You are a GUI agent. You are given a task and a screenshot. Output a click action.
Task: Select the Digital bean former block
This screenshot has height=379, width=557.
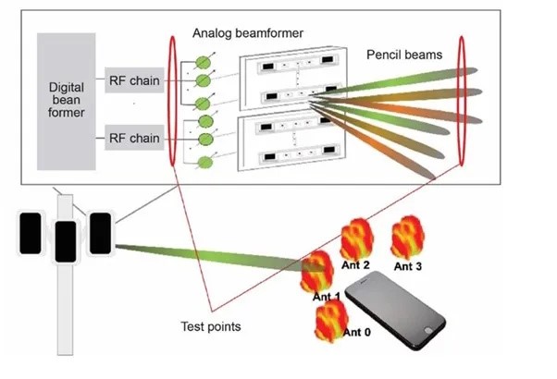[67, 102]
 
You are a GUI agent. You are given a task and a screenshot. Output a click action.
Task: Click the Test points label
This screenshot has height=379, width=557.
[212, 325]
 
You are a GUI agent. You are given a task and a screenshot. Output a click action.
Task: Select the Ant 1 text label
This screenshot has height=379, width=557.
[327, 297]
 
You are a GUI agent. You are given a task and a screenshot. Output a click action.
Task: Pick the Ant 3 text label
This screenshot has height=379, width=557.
[408, 266]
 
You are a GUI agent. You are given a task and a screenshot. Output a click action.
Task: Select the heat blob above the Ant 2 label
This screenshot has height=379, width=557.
[356, 239]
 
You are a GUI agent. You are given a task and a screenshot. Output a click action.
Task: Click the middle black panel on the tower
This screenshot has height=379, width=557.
[66, 242]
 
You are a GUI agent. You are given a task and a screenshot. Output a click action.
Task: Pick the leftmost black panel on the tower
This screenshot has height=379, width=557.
[31, 233]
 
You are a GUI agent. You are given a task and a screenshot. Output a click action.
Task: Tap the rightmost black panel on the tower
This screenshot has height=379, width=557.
[99, 233]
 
